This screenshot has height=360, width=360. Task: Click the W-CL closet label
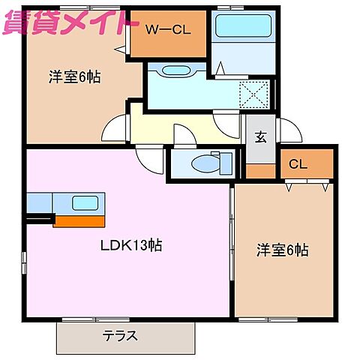167,30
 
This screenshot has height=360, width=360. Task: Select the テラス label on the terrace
120,336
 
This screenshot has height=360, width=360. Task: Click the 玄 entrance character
261,137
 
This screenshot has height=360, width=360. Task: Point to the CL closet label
298,165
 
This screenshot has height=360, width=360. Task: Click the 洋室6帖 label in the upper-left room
75,76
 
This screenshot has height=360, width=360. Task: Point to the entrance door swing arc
291,128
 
